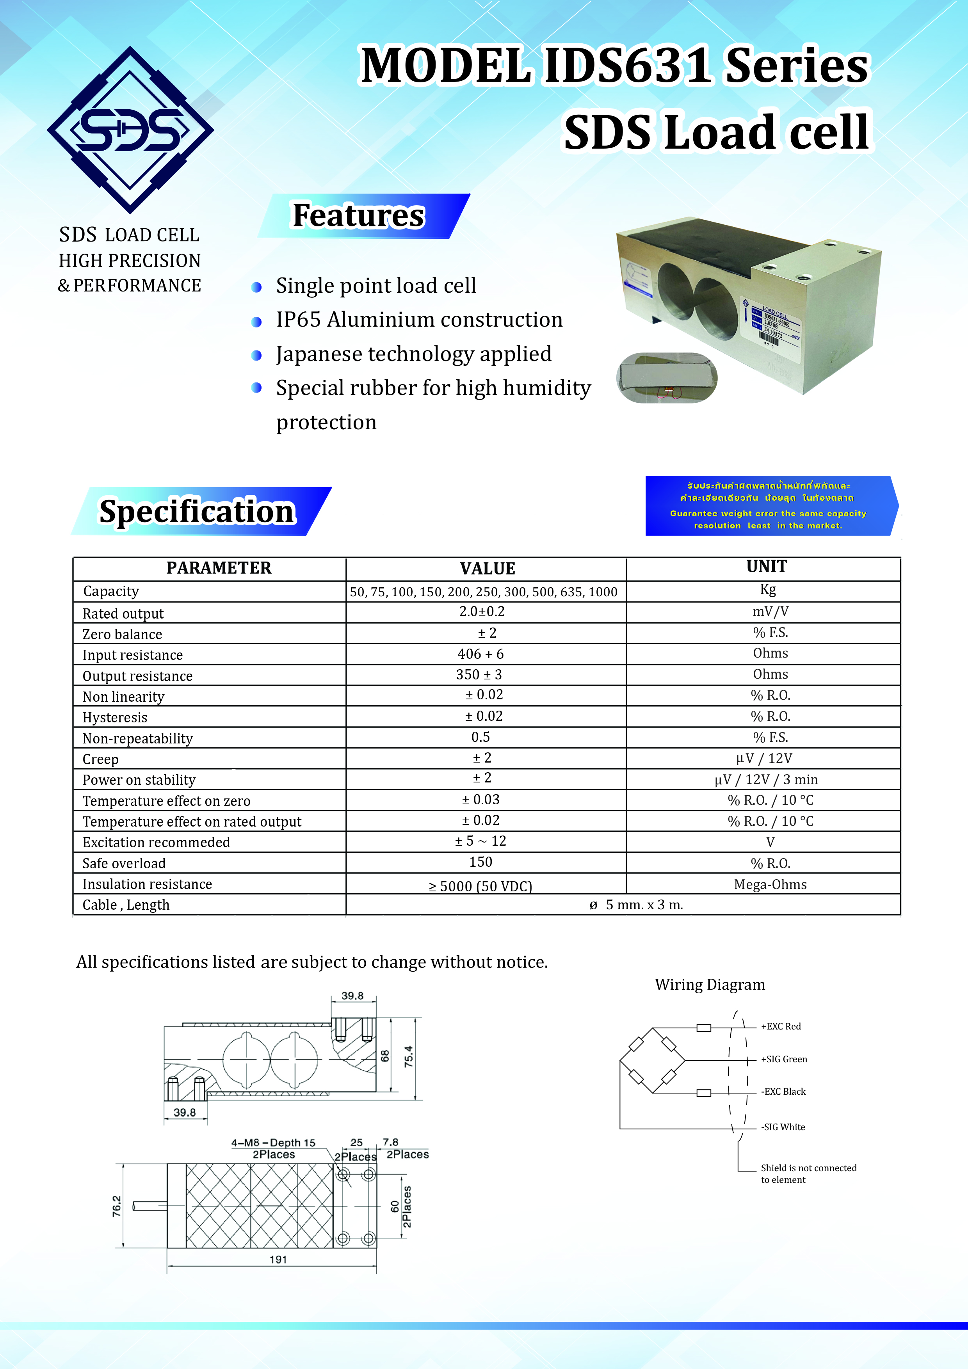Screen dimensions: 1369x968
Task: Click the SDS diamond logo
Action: (130, 130)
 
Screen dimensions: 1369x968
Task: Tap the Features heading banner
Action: (359, 216)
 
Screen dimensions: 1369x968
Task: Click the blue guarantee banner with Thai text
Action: (769, 506)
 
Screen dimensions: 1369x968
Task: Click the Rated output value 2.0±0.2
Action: (482, 612)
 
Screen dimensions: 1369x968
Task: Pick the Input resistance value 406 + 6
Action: (481, 654)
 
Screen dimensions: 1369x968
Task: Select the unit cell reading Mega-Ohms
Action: (770, 884)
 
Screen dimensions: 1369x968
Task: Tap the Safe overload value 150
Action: (481, 862)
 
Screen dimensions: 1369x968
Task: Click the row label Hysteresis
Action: (115, 717)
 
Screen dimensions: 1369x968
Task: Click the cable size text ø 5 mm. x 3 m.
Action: (636, 905)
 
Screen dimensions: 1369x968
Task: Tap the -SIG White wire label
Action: (783, 1127)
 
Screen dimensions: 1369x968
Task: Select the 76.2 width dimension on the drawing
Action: (117, 1205)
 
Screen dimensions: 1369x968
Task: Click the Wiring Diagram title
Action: (710, 985)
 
